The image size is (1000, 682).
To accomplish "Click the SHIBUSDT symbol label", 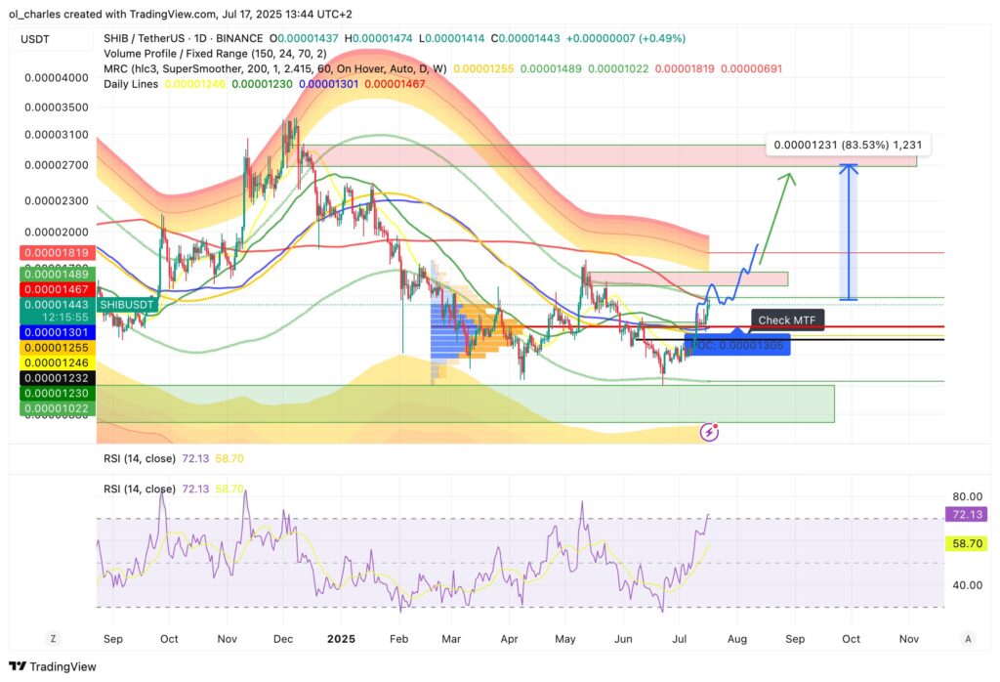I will pyautogui.click(x=127, y=305).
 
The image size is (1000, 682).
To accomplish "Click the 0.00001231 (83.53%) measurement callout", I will pyautogui.click(x=848, y=145).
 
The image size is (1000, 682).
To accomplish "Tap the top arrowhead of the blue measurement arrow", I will pyautogui.click(x=850, y=166).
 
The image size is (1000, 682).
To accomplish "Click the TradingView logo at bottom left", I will pyautogui.click(x=58, y=666).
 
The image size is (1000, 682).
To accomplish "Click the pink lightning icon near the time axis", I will pyautogui.click(x=711, y=431).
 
